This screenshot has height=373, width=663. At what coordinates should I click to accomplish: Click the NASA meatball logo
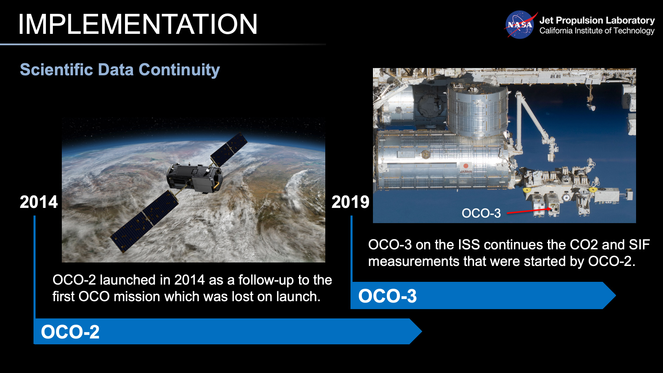point(519,25)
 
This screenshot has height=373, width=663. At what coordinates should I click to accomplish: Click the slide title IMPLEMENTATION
point(137,24)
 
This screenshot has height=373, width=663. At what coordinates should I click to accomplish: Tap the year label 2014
point(38,202)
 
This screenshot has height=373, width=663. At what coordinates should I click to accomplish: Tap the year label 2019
point(350,202)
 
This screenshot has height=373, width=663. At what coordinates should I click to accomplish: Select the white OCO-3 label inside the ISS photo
point(481,213)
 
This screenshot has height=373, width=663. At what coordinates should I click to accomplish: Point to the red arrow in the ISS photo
point(528,211)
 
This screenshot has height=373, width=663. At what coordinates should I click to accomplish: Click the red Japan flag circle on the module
point(466,166)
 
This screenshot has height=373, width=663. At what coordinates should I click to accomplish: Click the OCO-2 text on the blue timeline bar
point(70,332)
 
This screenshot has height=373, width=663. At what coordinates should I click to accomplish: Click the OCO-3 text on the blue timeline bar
point(387,296)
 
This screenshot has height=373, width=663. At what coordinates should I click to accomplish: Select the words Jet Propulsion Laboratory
point(597,20)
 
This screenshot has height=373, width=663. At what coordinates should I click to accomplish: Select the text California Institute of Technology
point(597,31)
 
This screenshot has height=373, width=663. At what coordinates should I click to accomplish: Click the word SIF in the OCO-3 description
point(639,245)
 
